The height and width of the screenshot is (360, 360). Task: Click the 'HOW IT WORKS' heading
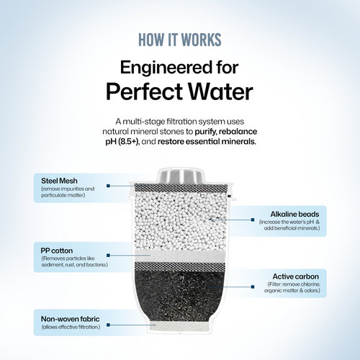pos(180,40)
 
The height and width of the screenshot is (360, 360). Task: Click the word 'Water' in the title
pos(220,91)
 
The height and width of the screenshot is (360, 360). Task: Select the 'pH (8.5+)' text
pos(122,142)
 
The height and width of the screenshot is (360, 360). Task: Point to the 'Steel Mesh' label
pos(59,181)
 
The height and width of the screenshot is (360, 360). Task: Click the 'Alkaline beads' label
pos(294,214)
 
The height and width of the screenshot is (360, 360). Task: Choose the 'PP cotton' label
pos(57,251)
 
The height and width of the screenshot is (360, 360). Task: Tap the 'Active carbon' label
pos(296,276)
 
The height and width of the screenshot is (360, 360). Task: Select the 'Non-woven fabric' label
pos(70,319)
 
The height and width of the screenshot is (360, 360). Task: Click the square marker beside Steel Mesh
pos(108,186)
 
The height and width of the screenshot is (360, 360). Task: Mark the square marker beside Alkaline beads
pos(253,220)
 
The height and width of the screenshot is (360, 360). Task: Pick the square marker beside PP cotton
pos(108,256)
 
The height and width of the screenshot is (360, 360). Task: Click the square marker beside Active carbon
pos(253,287)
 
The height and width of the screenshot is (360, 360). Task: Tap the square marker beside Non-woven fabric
pos(108,325)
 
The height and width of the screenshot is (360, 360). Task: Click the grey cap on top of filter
pos(181,176)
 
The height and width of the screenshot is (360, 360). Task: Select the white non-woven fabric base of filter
pos(179,326)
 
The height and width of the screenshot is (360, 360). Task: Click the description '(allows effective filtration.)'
pos(71,327)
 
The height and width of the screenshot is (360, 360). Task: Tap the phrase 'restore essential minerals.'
pos(207,142)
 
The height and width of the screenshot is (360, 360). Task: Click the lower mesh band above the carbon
pos(180,266)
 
